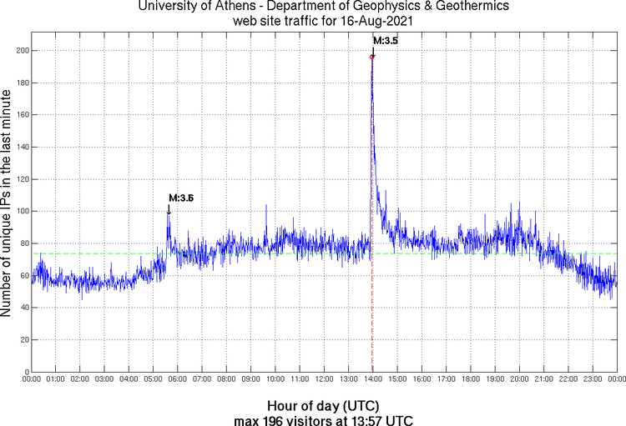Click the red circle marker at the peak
click(x=372, y=57)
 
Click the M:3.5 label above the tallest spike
click(x=385, y=40)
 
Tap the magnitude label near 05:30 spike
click(x=181, y=198)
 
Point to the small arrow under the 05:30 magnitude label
click(x=169, y=209)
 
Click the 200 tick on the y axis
click(x=20, y=51)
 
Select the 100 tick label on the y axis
click(x=20, y=211)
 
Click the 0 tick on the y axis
click(x=25, y=372)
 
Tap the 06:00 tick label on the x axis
click(x=178, y=381)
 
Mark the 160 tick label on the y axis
click(x=20, y=115)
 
